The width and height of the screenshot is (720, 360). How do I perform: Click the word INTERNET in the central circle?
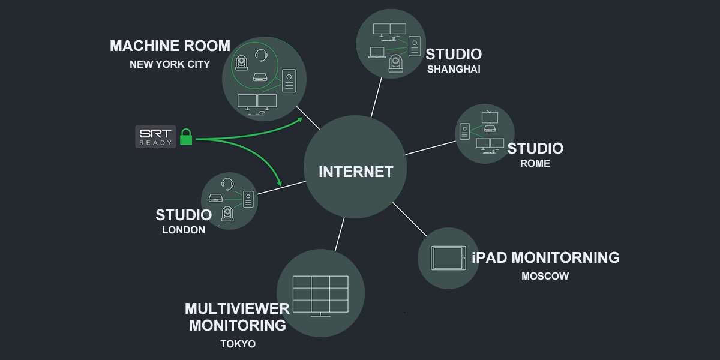pos(356,172)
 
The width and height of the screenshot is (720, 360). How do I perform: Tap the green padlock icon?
pos(186,137)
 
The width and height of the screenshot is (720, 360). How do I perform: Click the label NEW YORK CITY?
pos(170,64)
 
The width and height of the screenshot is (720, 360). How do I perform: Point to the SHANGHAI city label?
pos(454,69)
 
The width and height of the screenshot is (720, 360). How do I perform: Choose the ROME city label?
pos(535,163)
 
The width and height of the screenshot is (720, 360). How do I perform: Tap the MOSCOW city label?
pos(545,277)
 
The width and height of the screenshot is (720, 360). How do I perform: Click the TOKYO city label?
pos(238,344)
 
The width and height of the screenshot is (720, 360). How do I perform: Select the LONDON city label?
pos(184,230)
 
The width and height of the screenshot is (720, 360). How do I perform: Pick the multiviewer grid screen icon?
pos(320,295)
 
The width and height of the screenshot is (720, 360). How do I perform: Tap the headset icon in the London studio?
pos(227,184)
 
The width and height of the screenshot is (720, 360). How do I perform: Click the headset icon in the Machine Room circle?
pos(261,56)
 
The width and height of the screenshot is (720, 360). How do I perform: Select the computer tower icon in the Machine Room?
pos(289,81)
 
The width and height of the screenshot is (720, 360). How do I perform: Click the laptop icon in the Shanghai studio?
pos(377,52)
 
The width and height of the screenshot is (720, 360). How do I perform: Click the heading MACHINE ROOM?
pos(170,46)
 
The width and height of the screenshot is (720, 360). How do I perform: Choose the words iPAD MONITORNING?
pos(545,258)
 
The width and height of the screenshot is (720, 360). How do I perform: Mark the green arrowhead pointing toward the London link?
pos(279,182)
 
